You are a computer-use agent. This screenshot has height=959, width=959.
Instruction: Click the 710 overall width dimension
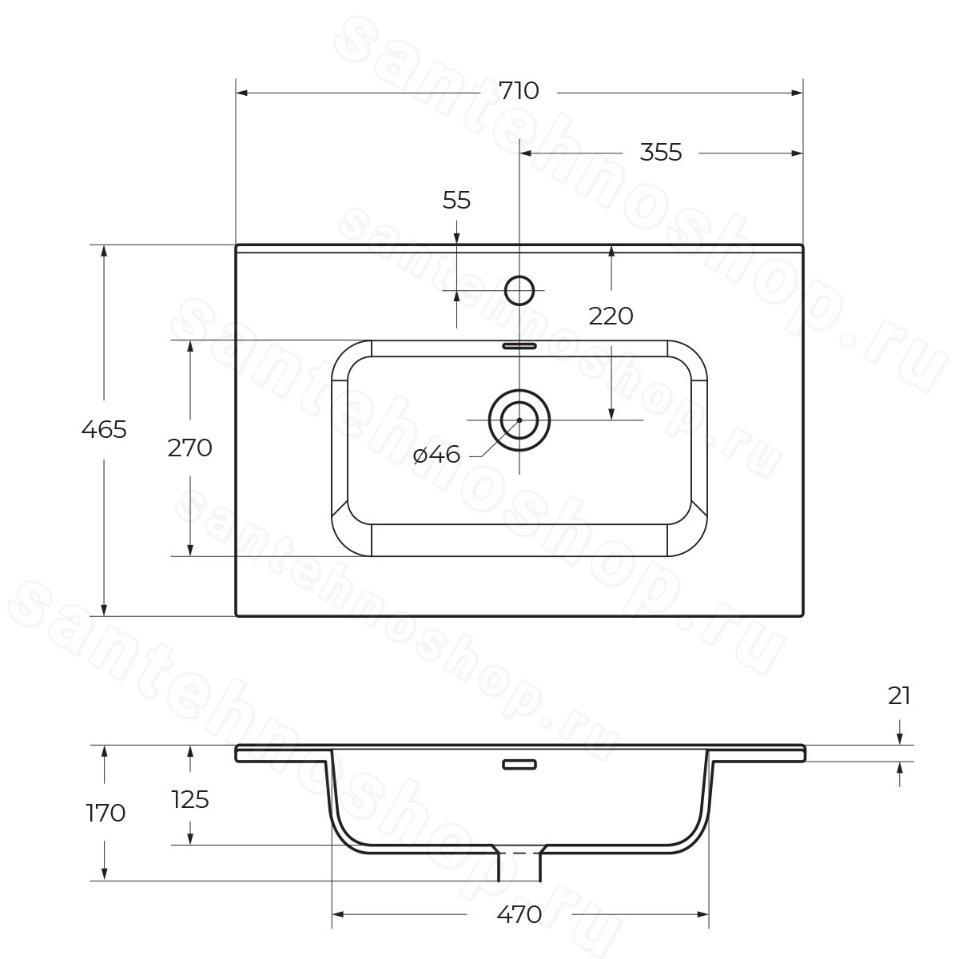coord(519,91)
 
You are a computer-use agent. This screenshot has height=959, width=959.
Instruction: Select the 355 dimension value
coord(660,153)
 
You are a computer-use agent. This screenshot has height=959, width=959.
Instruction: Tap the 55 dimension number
coord(456,200)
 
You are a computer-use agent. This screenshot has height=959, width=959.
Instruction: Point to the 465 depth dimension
coord(104,429)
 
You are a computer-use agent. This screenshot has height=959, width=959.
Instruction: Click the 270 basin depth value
coord(189,448)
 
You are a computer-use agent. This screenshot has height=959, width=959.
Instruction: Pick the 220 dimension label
coord(611,316)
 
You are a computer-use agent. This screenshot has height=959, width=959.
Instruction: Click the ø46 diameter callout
coord(436,455)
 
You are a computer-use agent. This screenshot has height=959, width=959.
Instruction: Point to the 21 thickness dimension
coord(899,696)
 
